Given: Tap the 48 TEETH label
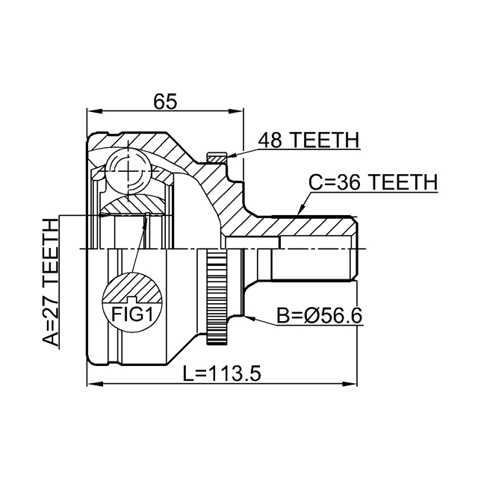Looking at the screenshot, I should pos(308,140).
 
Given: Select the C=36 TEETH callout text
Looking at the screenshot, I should pos(373,182).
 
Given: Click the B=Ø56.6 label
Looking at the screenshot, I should pos(319,316).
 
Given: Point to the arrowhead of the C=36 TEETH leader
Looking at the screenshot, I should pos(299,212).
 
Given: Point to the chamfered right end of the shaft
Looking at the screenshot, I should pos(354,247).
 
